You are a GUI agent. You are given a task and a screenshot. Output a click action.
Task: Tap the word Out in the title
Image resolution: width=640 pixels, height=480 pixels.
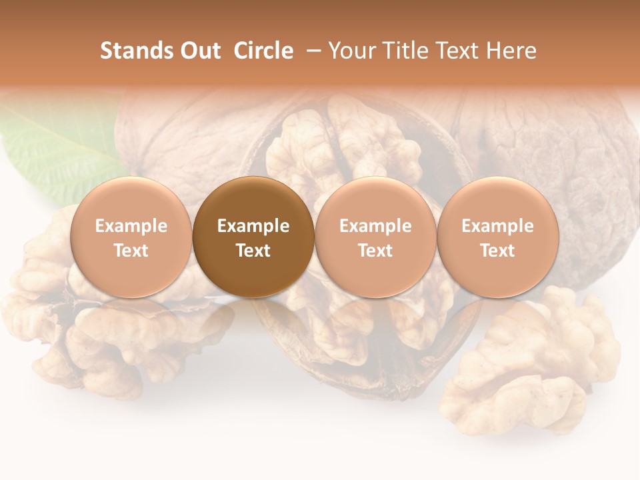199,51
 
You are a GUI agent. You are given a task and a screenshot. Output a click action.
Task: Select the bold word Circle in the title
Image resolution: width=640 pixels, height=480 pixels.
263,51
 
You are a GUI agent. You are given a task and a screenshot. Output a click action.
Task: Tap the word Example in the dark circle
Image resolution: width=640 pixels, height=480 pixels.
253,226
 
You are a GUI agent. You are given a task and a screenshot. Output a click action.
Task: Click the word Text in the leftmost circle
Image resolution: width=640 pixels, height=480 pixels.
131,251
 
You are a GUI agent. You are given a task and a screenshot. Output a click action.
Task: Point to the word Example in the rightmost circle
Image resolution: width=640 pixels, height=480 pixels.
497,226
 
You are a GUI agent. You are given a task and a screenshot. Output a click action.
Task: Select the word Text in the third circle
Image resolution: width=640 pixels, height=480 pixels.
375,251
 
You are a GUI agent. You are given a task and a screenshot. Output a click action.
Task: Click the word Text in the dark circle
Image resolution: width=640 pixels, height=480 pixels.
253,251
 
